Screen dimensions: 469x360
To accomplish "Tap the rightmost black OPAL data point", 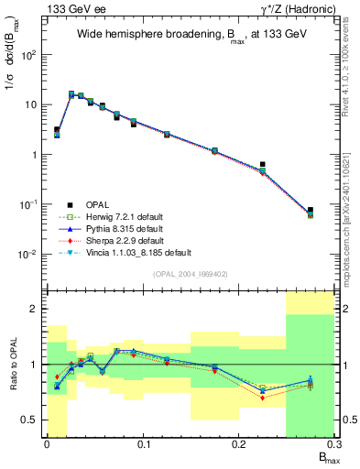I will [x=311, y=210].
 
